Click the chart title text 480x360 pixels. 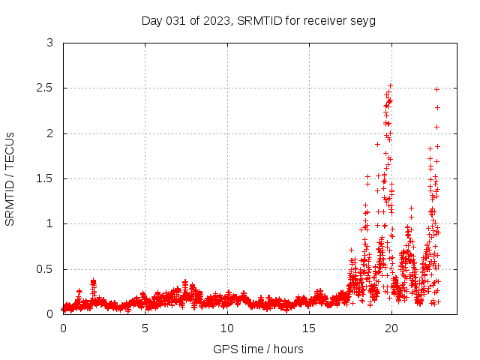click(259, 20)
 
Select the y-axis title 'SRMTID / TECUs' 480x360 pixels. click(10, 178)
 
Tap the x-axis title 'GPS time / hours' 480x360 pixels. click(259, 349)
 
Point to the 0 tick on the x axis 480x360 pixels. click(63, 328)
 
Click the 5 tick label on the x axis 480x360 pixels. click(145, 328)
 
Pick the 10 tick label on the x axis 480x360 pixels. click(227, 328)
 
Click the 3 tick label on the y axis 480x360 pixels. click(49, 43)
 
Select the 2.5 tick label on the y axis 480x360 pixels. click(46, 88)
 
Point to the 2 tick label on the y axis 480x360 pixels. click(49, 133)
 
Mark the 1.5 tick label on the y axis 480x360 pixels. click(46, 178)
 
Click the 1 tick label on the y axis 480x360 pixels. click(49, 223)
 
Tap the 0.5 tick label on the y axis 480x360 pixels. click(46, 268)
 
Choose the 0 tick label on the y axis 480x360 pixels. click(49, 313)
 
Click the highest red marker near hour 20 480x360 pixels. click(390, 85)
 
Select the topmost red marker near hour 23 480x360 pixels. click(436, 89)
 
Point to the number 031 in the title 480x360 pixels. click(177, 20)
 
